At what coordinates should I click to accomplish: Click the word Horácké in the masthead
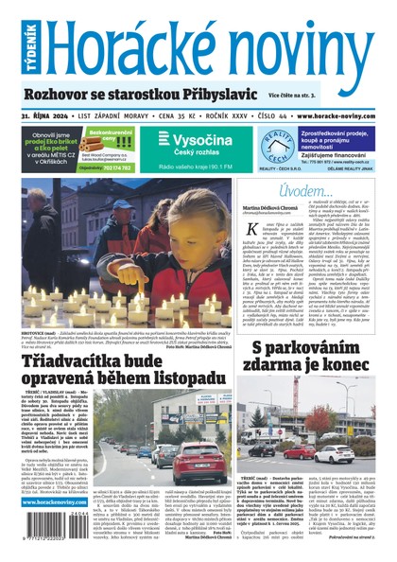point(133,41)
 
